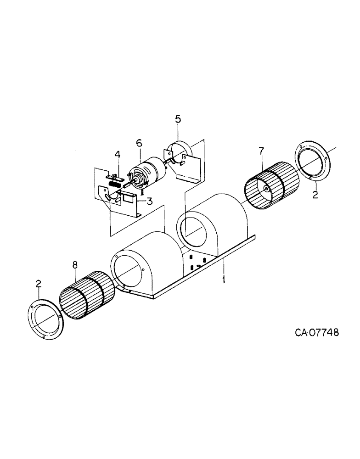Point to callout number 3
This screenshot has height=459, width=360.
pyautogui.click(x=149, y=201)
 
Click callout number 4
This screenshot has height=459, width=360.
pyautogui.click(x=118, y=155)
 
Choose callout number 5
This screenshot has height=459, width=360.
pyautogui.click(x=178, y=119)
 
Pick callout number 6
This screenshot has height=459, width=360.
pyautogui.click(x=139, y=143)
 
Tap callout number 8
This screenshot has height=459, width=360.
pyautogui.click(x=75, y=265)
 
